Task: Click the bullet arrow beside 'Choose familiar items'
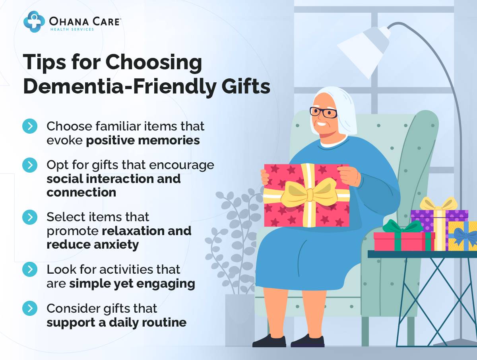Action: tap(30, 126)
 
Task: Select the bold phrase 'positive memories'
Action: tap(143, 140)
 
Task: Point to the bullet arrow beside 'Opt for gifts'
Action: tap(30, 165)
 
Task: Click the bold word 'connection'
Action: tap(81, 193)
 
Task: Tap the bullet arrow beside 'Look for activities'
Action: tap(30, 269)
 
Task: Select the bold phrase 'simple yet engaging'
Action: tap(132, 284)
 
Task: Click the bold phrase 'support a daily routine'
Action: tap(116, 322)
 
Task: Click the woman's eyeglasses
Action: tap(323, 112)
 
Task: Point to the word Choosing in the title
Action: tap(154, 62)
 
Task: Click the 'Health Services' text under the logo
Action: tap(72, 29)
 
